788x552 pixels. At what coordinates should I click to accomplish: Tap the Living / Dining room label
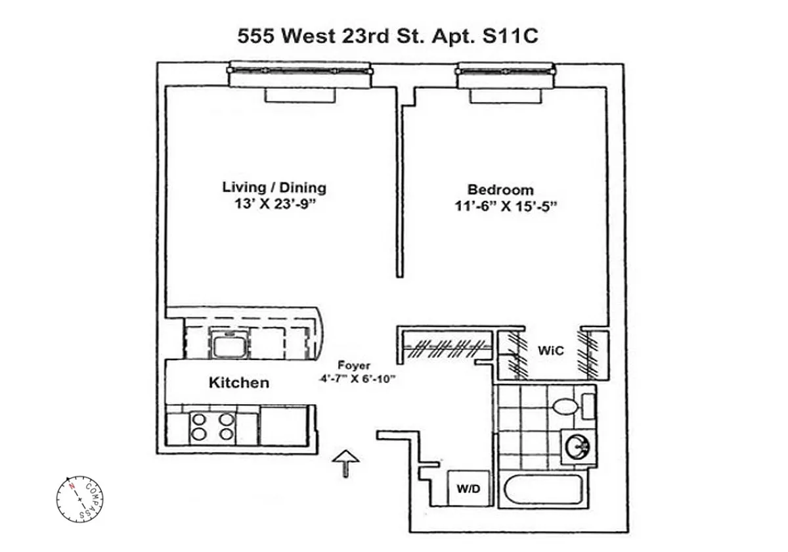point(274,187)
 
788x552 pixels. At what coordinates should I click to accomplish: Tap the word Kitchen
point(238,382)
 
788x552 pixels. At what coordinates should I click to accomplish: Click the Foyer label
point(354,365)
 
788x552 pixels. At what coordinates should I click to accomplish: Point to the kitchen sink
point(229,344)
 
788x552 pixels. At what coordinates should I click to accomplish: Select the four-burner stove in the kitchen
point(211,426)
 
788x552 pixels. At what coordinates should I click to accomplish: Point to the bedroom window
point(503,74)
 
